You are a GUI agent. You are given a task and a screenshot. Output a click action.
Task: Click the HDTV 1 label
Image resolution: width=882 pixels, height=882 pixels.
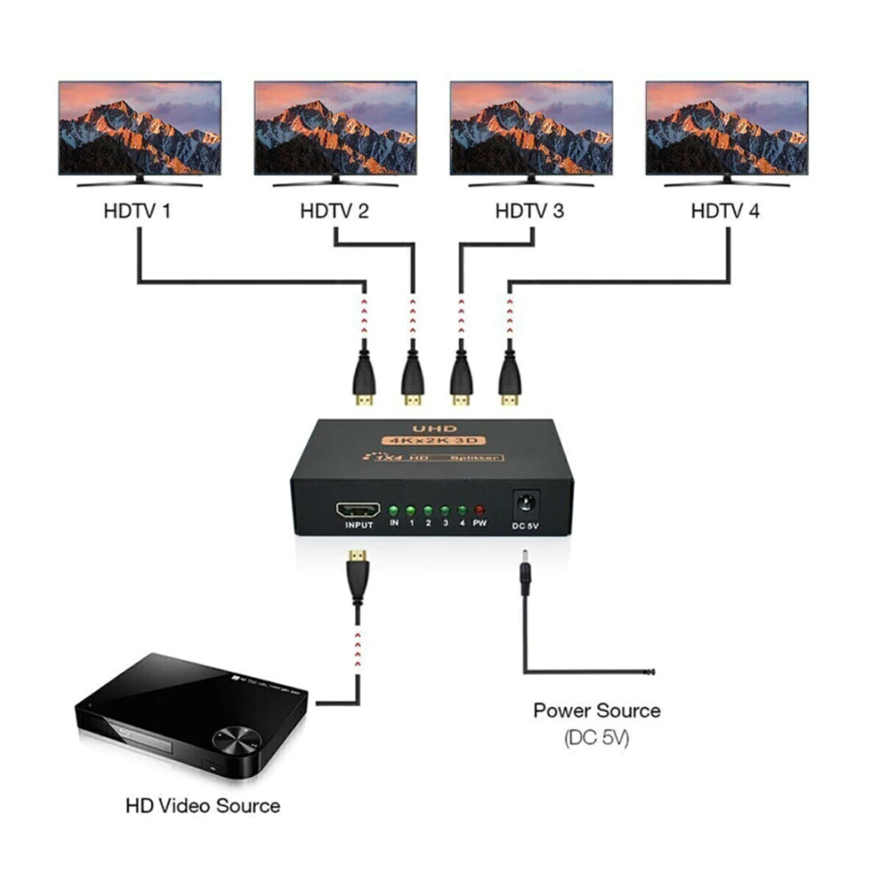click(137, 211)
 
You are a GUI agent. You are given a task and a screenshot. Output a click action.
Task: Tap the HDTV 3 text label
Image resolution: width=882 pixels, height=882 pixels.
click(530, 211)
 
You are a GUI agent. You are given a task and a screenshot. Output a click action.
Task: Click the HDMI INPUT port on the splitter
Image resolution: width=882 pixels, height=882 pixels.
click(358, 509)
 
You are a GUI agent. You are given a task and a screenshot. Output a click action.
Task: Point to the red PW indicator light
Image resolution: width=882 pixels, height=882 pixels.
click(479, 510)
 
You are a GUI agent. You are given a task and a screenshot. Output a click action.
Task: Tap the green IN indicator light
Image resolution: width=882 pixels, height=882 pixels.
click(394, 510)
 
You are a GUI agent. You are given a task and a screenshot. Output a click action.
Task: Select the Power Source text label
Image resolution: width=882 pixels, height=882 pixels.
click(597, 711)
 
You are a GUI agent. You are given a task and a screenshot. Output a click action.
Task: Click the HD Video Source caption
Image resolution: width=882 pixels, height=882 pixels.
click(202, 806)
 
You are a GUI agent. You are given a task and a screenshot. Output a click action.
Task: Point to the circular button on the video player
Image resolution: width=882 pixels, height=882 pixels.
click(234, 738)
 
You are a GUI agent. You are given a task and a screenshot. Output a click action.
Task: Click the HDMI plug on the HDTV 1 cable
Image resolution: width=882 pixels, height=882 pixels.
click(363, 379)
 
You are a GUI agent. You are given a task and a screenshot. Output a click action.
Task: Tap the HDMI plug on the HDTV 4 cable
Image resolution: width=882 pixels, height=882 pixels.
click(510, 379)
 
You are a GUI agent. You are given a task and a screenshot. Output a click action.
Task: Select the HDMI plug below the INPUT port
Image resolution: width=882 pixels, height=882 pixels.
click(355, 573)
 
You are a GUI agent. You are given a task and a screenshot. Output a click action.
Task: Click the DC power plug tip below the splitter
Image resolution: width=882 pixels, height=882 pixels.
click(522, 572)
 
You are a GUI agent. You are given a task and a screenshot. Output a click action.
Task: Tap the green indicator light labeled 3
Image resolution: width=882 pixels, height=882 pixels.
click(445, 510)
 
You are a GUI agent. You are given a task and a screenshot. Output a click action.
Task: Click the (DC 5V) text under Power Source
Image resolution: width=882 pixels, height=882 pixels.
click(597, 738)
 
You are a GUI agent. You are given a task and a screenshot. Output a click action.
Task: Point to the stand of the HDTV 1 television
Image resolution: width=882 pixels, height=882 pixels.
click(140, 181)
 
